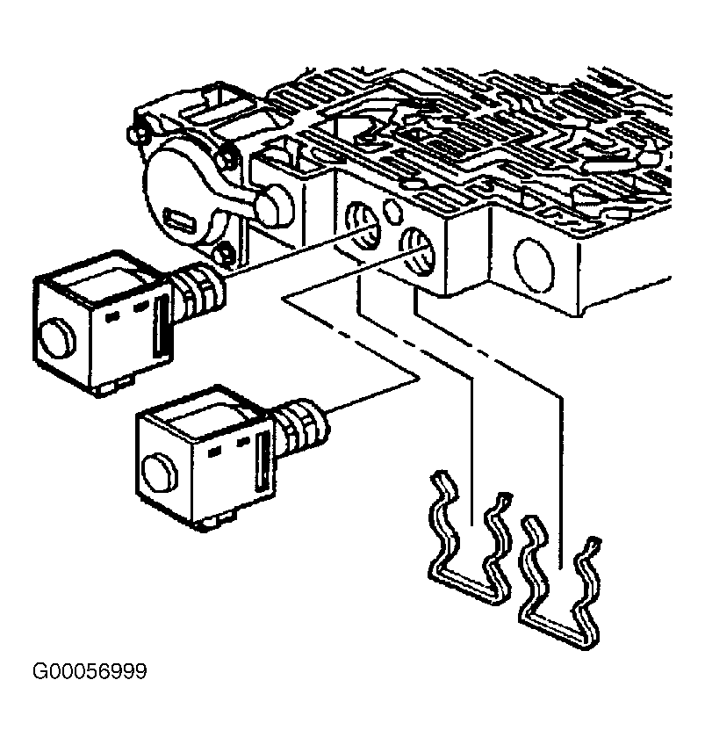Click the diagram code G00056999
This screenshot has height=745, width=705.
90,671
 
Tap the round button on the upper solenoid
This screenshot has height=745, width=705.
56,339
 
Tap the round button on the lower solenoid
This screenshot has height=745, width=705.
160,476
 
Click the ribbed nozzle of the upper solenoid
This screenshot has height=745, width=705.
196,291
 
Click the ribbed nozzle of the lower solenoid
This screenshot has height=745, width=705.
299,426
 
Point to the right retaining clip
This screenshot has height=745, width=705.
560,582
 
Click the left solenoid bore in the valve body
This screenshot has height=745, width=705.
363,226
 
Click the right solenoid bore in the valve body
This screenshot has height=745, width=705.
418,252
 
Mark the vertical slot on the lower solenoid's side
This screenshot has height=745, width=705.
263,462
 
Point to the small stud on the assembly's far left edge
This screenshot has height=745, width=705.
134,134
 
